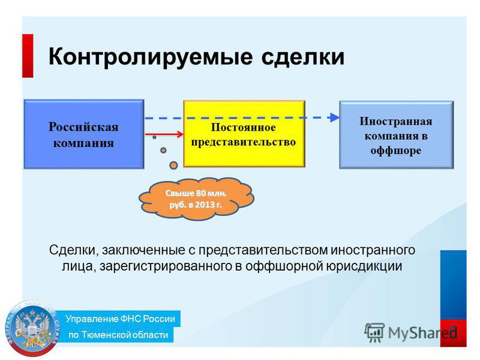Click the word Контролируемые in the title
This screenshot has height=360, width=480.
coord(151,57)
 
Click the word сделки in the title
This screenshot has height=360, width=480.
coord(303,57)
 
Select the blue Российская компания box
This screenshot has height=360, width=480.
coord(84,134)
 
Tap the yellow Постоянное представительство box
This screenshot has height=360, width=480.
coord(244,134)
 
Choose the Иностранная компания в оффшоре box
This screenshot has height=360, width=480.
coord(397,134)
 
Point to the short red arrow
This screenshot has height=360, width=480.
coord(164,134)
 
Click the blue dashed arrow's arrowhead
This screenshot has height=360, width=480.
coord(334,117)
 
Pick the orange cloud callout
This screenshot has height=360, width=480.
coord(196,199)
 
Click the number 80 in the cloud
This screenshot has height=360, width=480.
coord(200,193)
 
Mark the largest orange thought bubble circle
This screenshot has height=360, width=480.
coord(173,166)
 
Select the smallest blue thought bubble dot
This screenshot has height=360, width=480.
coord(155,137)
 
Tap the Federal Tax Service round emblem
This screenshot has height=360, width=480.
coord(33,328)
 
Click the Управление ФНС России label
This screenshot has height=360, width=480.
coord(120,319)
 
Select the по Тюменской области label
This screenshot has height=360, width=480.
coord(118,335)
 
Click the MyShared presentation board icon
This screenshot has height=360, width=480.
coord(374,332)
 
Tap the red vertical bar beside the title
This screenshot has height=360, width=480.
coord(28,55)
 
